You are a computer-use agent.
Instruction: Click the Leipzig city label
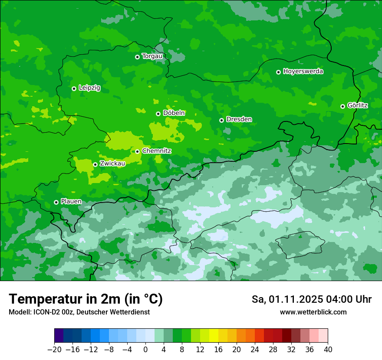[89, 88]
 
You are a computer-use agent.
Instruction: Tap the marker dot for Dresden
[221, 120]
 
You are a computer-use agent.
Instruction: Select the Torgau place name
[152, 56]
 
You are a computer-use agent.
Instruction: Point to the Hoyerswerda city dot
[278, 72]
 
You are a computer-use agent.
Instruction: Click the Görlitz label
[358, 105]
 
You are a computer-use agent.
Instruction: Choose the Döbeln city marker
[158, 114]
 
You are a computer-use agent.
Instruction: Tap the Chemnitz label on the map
[157, 151]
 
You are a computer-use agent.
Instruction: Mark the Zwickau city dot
[95, 164]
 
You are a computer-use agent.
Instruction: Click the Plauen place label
[71, 202]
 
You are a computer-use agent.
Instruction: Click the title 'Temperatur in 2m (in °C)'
[86, 299]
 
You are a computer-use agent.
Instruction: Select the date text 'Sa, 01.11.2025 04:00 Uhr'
[311, 299]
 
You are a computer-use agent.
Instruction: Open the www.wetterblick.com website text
[313, 312]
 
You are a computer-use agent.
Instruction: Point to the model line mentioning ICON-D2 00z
[79, 312]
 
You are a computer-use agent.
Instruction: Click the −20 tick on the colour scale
[54, 350]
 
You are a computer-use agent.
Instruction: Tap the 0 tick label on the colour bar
[145, 350]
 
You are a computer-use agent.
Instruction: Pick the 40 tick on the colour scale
[328, 350]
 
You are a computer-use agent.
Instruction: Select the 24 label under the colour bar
[255, 350]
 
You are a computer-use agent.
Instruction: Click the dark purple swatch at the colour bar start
[59, 336]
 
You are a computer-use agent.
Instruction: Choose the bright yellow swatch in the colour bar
[214, 336]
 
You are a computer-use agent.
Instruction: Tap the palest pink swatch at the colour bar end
[323, 336]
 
